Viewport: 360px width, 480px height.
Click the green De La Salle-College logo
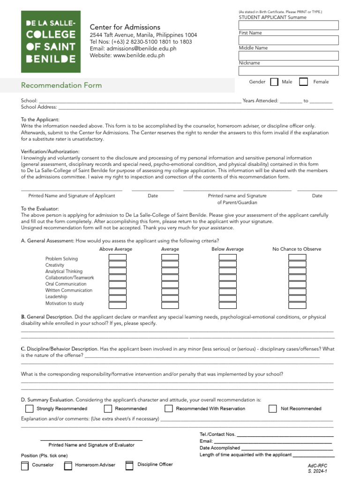(51, 42)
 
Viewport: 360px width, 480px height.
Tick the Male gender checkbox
(274, 82)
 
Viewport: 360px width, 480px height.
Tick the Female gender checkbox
(303, 82)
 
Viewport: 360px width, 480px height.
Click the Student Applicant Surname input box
(288, 25)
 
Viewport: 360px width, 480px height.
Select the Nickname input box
(288, 71)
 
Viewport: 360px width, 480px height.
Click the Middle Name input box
(288, 56)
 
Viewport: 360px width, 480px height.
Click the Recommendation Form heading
(61, 85)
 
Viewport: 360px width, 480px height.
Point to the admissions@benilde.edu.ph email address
(133, 48)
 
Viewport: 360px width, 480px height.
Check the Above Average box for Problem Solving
(118, 257)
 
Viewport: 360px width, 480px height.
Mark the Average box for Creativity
(170, 264)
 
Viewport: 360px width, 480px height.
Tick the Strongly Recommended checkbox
(29, 409)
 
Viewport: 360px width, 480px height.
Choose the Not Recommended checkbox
(272, 409)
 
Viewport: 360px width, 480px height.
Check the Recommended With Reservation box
(168, 409)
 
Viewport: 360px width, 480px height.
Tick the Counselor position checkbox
(25, 465)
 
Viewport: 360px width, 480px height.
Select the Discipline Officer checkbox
(129, 465)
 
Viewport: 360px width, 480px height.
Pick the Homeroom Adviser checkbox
(68, 465)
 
